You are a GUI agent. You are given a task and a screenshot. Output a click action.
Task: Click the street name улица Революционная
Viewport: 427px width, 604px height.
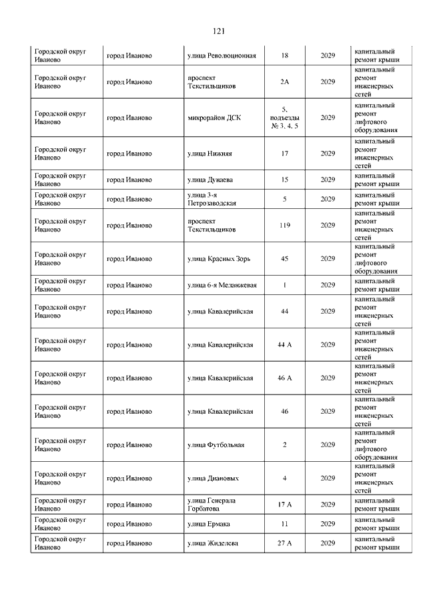pos(222,55)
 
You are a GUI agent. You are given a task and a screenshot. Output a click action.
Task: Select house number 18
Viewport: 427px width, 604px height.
pos(285,55)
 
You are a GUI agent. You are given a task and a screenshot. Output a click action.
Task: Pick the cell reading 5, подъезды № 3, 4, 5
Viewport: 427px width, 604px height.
pos(285,117)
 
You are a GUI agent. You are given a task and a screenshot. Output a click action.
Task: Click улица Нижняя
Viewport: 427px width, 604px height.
pos(210,154)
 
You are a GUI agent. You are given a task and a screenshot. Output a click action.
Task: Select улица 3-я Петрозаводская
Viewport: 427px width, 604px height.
pos(212,199)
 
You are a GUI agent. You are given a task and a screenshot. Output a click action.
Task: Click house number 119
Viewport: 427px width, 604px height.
pos(285,225)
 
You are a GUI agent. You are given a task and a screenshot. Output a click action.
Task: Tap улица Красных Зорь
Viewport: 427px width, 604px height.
pos(219,258)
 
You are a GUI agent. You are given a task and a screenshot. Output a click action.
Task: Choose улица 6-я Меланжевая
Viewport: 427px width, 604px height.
pos(222,285)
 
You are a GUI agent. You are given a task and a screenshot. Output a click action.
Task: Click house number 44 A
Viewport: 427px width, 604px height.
pos(285,344)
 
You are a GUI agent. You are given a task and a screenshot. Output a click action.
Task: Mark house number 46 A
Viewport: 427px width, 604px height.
pos(285,378)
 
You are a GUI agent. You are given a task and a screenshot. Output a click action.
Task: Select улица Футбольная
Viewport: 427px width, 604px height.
pos(216,444)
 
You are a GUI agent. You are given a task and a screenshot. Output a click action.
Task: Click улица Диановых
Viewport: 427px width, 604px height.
pos(213,478)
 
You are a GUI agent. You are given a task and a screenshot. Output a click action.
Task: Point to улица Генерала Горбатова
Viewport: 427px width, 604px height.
pos(212,505)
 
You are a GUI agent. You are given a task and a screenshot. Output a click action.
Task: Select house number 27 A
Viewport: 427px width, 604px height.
pos(285,543)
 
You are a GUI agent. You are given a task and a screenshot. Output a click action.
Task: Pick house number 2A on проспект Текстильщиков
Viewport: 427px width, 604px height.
pos(285,81)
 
